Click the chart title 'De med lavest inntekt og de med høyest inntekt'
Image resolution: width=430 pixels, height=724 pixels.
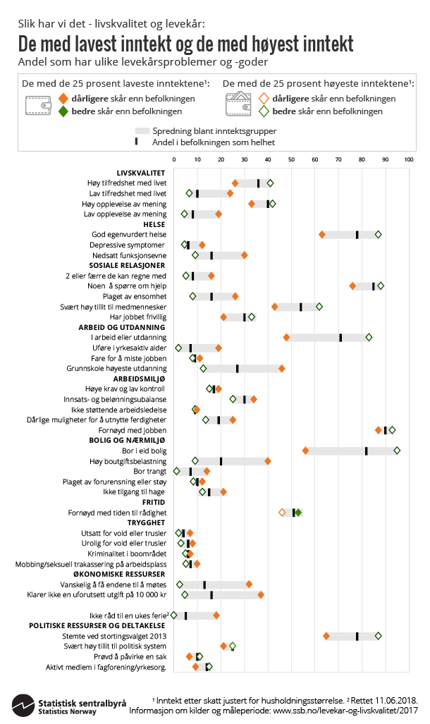tap(186, 44)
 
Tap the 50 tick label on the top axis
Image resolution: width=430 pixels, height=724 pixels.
tap(291, 160)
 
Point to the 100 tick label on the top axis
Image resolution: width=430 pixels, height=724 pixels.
tap(408, 160)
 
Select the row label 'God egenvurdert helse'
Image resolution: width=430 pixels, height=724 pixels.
tap(129, 235)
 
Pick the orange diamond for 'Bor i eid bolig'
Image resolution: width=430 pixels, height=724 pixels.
tap(305, 450)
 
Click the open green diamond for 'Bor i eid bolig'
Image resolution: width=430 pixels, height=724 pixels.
tap(397, 450)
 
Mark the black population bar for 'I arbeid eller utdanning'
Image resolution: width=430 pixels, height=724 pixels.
tap(340, 338)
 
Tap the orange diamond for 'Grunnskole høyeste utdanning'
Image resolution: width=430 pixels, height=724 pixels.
tap(282, 369)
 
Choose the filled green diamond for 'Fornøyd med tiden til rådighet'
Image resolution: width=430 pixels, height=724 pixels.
tap(298, 513)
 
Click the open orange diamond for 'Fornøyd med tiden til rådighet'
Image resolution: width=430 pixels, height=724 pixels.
tap(282, 513)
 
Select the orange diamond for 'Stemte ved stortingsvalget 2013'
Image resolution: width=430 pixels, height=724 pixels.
tap(326, 636)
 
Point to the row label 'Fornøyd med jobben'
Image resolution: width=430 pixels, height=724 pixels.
tap(135, 430)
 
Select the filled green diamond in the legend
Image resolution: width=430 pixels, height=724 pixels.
tap(63, 111)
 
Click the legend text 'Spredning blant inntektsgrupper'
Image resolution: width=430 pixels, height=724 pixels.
tap(214, 131)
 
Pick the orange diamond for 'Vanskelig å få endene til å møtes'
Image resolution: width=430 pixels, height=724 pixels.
tap(249, 584)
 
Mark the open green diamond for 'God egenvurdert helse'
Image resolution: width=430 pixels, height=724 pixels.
tap(379, 235)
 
